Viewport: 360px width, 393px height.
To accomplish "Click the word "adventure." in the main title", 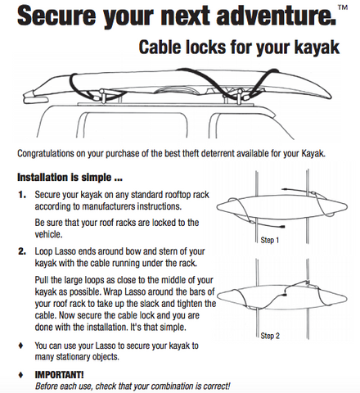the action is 276,16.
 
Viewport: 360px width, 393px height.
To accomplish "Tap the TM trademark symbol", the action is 343,7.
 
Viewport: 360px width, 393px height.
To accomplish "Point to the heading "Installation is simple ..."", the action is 70,178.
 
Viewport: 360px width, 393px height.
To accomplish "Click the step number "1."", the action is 22,195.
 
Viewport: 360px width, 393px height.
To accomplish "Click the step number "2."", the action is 22,251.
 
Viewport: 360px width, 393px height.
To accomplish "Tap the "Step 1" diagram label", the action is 270,240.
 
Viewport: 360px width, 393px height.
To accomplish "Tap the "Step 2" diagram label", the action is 270,336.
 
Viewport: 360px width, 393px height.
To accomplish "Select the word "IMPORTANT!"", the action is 59,375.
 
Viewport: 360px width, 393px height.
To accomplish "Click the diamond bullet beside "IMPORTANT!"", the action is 20,375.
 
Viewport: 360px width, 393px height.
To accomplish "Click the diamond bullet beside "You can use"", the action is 20,346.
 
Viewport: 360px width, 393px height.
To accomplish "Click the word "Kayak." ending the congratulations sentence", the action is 313,153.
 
